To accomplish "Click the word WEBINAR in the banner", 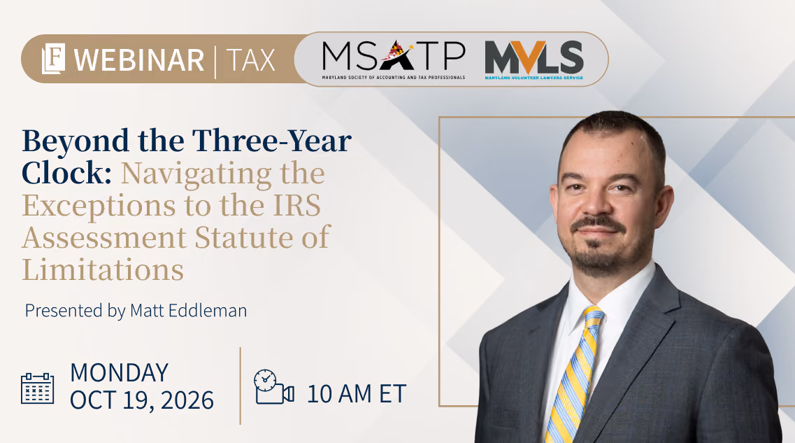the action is coord(139,60).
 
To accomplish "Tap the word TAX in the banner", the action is coord(251,60).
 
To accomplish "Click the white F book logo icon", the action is coord(54,58).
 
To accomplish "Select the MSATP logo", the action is coord(394,60).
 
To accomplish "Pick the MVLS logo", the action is coord(534,60).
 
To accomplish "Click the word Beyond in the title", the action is coord(76,141).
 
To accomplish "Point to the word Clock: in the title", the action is coord(67,173).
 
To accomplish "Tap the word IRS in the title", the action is coord(296,206).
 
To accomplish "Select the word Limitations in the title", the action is coord(103,269).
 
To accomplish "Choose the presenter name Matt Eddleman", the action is coord(189,311).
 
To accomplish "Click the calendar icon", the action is coord(38,388).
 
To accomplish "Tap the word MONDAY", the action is coord(119,373).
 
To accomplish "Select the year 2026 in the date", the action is coord(187,400).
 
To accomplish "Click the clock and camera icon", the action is coord(274,387).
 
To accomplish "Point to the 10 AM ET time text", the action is coord(357,394).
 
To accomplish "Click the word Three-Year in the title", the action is coord(272,141).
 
